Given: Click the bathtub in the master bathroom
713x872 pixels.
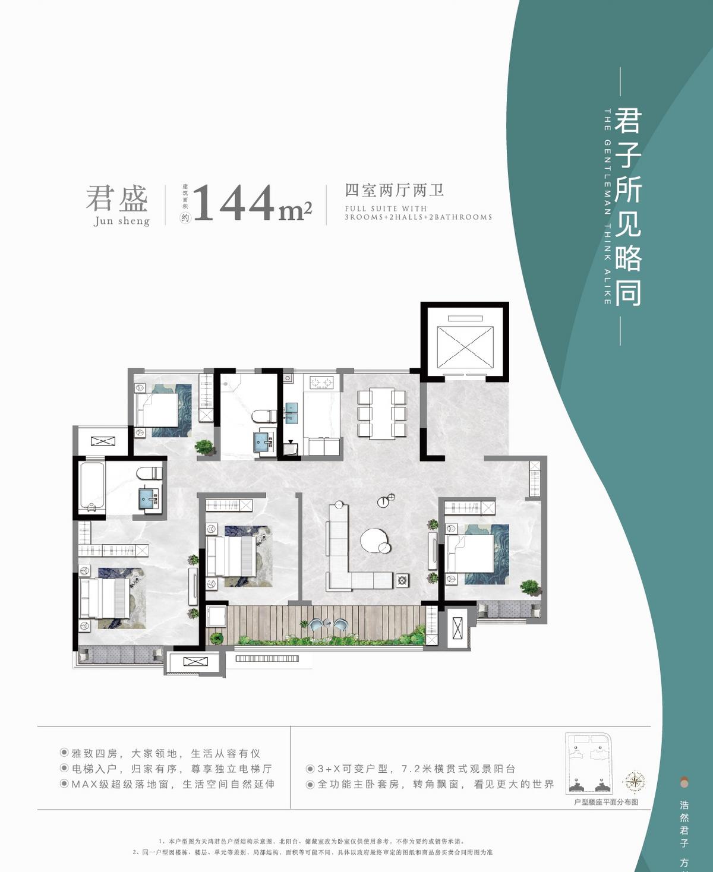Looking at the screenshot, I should [x=92, y=486].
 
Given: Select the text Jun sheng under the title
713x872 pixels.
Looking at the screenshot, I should [x=122, y=221].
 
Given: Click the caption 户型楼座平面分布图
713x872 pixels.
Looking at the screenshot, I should [x=605, y=802].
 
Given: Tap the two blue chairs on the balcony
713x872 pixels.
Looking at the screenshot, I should [x=328, y=625].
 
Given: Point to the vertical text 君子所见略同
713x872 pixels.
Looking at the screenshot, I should [x=628, y=206].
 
